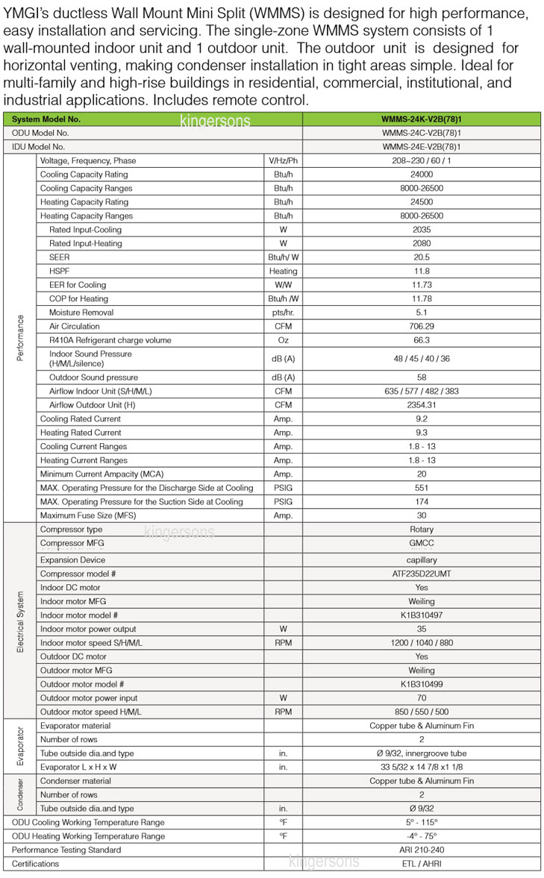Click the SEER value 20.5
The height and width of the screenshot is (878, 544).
tap(422, 257)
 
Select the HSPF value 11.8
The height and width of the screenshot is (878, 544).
tap(422, 272)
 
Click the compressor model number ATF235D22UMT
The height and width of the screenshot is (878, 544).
tap(422, 574)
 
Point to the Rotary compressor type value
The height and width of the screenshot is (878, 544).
tap(422, 530)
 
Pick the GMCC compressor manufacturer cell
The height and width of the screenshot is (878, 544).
tap(422, 544)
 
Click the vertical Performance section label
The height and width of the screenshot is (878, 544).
tap(20, 337)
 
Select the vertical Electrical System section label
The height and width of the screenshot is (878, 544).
tap(20, 621)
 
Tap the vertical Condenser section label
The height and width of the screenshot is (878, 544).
tap(20, 794)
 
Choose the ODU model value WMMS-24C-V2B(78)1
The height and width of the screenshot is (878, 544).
tap(422, 133)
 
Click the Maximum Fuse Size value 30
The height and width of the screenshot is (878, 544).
tap(422, 515)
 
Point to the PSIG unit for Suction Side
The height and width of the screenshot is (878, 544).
tap(283, 502)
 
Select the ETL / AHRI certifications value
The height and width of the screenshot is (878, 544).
tap(422, 864)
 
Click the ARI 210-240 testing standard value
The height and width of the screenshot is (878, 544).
tap(422, 850)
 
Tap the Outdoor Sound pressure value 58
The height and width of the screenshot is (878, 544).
tap(422, 377)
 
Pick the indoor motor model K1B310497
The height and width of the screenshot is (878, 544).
tap(422, 615)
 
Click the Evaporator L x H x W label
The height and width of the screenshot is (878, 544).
tap(78, 767)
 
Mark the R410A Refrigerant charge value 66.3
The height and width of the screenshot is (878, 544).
tap(422, 340)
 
